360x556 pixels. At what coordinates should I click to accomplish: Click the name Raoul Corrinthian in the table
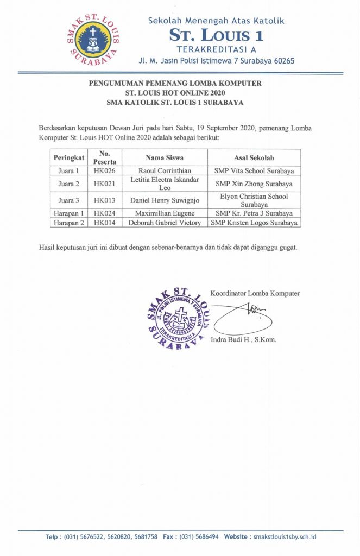[x=165, y=170]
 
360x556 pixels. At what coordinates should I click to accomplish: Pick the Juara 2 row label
[x=69, y=184]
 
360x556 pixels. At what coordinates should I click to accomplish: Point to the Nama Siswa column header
[x=165, y=157]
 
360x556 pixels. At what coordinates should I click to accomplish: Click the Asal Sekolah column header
[x=254, y=157]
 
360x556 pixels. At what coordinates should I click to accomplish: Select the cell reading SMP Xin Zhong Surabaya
[x=254, y=184]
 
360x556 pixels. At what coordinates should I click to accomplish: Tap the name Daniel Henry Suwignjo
[x=165, y=200]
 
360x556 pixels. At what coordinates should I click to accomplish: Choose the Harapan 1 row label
[x=69, y=213]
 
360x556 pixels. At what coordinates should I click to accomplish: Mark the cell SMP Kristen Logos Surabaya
[x=254, y=223]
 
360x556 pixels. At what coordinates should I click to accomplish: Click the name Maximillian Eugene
[x=165, y=213]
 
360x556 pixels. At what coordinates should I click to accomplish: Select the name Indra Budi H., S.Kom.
[x=243, y=340]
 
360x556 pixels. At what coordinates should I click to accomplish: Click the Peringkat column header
[x=69, y=157]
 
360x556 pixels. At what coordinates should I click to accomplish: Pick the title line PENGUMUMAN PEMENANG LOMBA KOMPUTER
[x=175, y=83]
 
